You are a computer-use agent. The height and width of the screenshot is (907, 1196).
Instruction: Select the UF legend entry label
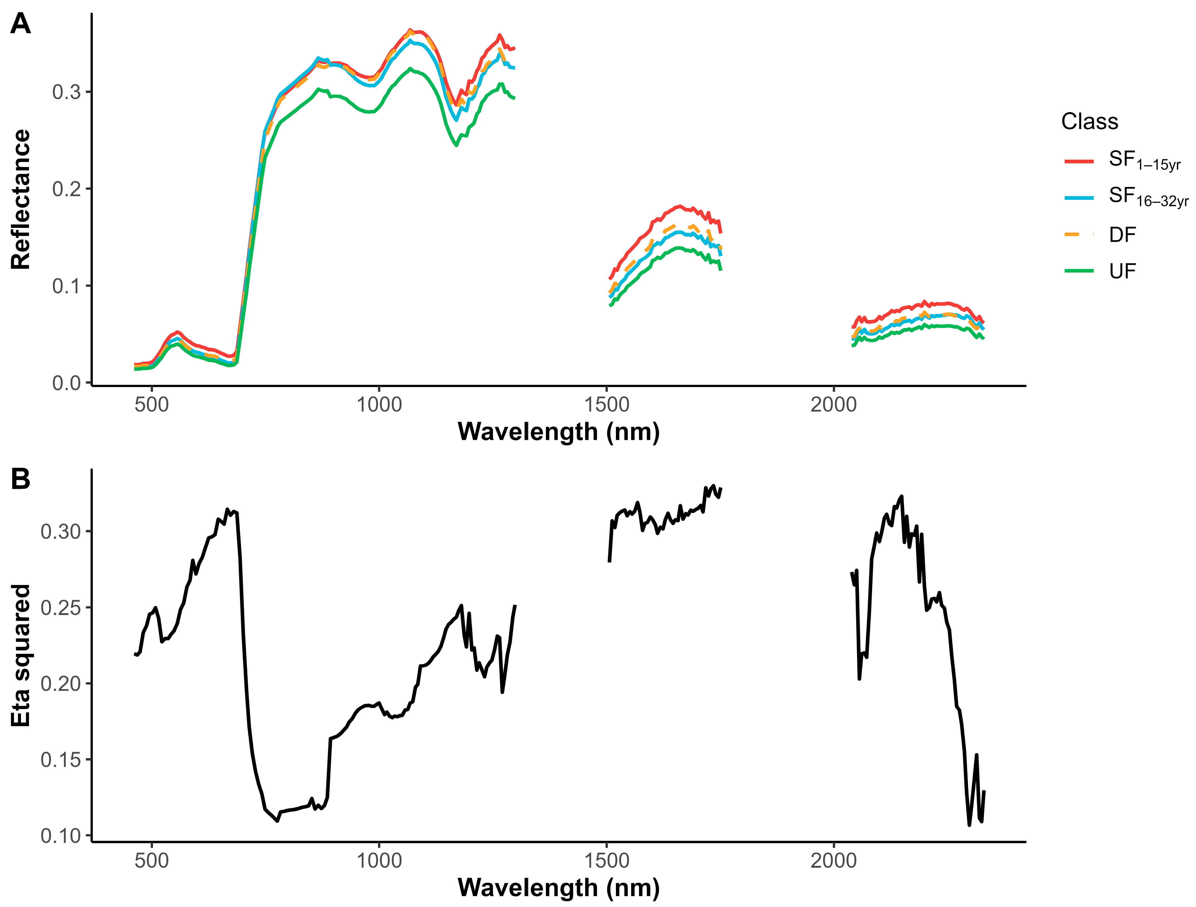point(1123,271)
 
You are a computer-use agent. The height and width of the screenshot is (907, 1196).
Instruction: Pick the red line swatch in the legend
point(1079,161)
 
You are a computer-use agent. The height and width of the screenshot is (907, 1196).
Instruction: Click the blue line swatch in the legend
point(1079,198)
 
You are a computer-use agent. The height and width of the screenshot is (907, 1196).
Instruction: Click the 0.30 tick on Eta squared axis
point(61,532)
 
